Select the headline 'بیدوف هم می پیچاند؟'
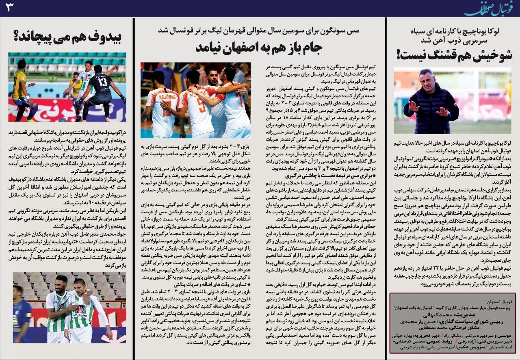point(67,37)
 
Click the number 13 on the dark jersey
point(102,82)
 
